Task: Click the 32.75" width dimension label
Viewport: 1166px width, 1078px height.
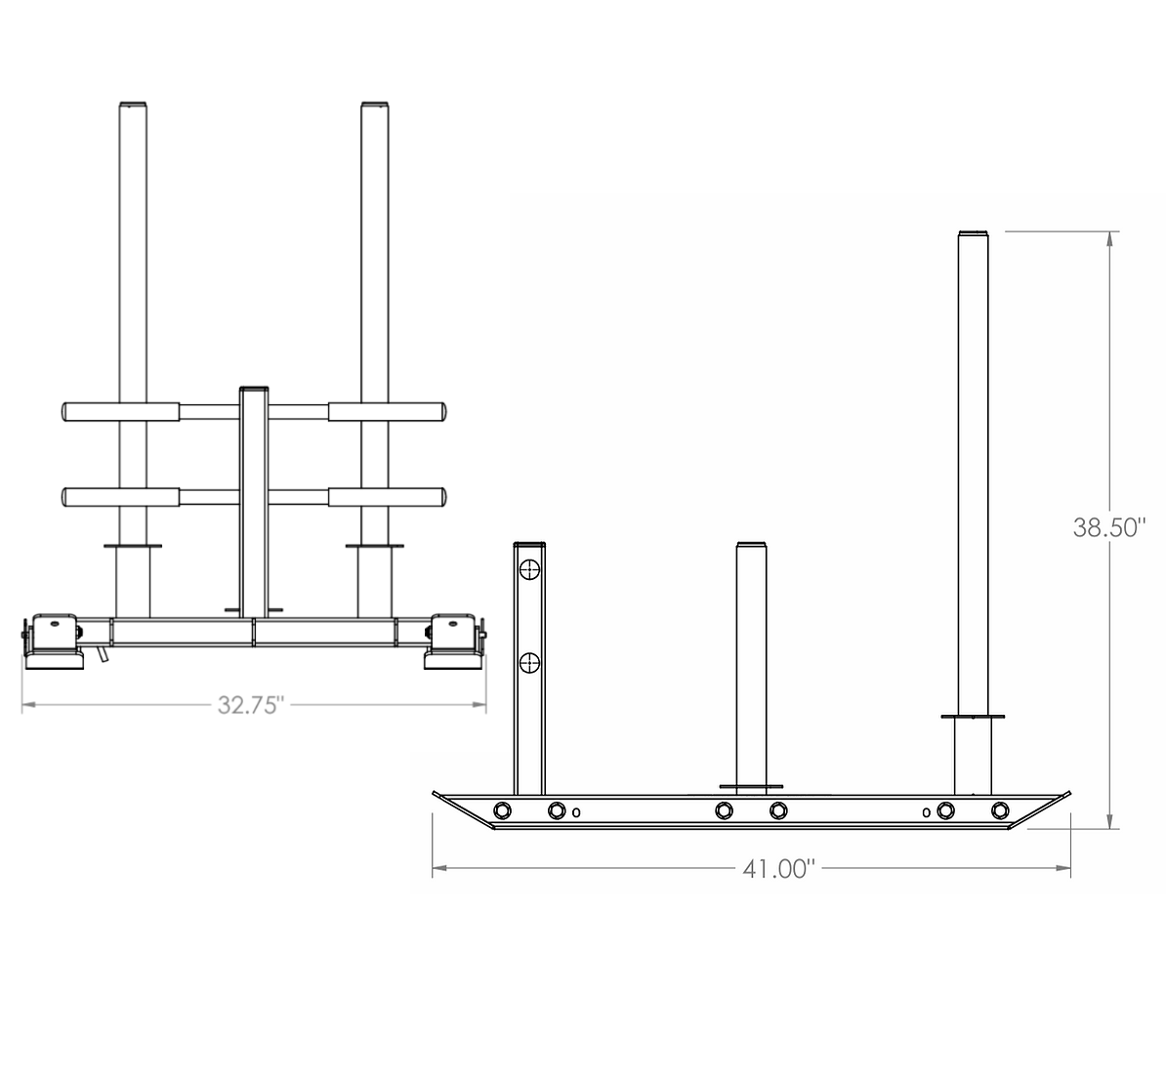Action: tap(251, 705)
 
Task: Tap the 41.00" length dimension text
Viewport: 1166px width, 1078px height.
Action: tap(779, 868)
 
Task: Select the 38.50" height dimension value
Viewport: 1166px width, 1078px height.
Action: tap(1108, 528)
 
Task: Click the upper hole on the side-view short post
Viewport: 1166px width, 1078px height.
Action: tap(529, 570)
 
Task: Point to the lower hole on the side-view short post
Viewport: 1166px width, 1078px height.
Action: tap(529, 662)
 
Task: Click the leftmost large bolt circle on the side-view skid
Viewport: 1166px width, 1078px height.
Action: tap(503, 809)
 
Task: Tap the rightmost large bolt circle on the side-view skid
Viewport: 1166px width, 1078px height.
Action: tap(1000, 809)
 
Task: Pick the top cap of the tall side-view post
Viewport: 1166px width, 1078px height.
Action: tap(974, 233)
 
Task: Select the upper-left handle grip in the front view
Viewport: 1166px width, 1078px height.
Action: tap(120, 411)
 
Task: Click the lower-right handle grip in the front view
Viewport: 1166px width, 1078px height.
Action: tap(387, 497)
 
